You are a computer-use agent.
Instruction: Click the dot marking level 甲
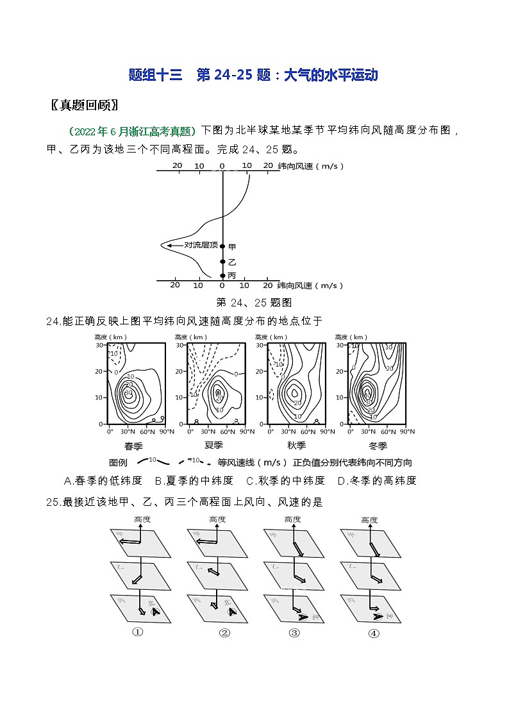tap(222, 246)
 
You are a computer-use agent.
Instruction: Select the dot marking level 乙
tap(222, 262)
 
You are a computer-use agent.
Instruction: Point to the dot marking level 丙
tap(222, 275)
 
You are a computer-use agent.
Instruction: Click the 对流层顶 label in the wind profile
tap(201, 245)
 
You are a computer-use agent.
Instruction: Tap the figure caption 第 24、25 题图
tap(254, 302)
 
